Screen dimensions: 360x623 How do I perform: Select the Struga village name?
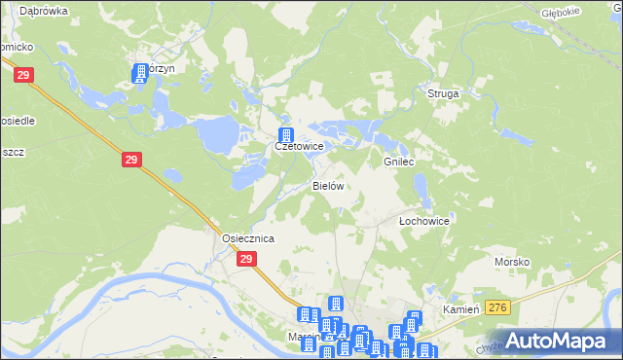pyautogui.click(x=443, y=93)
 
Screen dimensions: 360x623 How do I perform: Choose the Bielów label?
pyautogui.click(x=328, y=185)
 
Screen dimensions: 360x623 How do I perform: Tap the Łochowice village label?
pyautogui.click(x=424, y=221)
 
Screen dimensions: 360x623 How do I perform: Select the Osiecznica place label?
pyautogui.click(x=247, y=238)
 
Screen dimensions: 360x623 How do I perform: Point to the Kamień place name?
pyautogui.click(x=462, y=308)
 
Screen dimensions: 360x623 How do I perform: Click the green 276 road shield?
pyautogui.click(x=498, y=307)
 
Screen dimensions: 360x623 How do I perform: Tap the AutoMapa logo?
pyautogui.click(x=559, y=341)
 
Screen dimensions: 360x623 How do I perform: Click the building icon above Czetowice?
pyautogui.click(x=286, y=135)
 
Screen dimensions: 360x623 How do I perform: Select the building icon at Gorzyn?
pyautogui.click(x=139, y=72)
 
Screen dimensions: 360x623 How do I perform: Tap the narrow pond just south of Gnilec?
pyautogui.click(x=421, y=182)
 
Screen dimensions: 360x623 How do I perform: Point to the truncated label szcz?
pyautogui.click(x=13, y=152)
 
